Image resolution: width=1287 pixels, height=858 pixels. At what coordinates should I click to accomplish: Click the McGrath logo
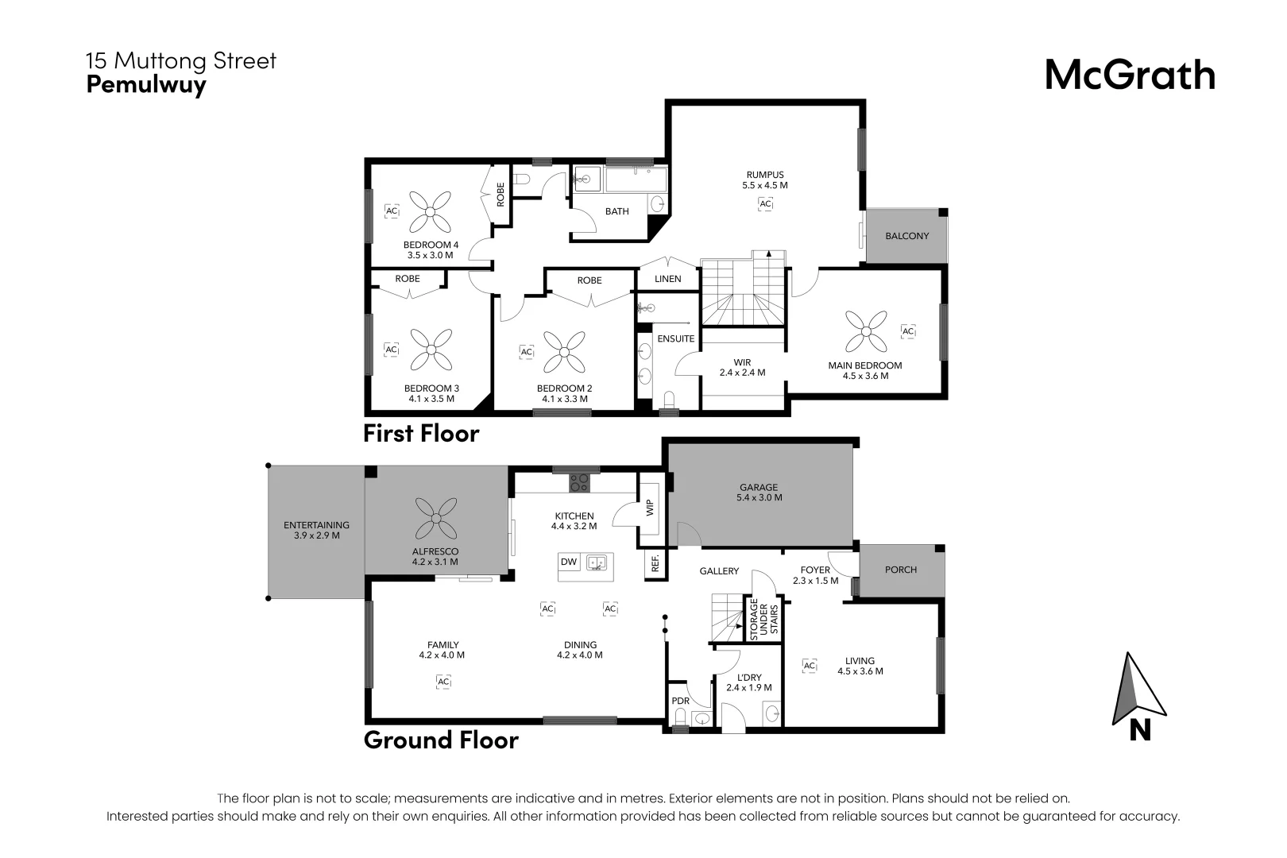[1129, 75]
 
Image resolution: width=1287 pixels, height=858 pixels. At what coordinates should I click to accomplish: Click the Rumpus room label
[764, 180]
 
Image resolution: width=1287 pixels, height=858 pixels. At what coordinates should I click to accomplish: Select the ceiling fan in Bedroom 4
[431, 211]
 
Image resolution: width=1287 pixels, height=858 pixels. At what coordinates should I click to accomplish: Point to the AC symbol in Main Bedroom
[907, 331]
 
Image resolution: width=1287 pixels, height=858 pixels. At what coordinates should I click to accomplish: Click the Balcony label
[906, 236]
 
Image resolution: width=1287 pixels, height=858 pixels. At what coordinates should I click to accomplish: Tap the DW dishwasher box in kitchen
[569, 562]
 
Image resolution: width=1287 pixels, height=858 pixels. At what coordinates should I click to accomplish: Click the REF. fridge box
[655, 564]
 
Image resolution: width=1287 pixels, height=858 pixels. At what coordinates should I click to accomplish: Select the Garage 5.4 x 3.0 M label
[759, 493]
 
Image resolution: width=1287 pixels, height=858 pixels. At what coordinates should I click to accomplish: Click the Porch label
[900, 570]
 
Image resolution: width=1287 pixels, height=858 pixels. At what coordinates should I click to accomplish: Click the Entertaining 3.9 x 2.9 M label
[316, 530]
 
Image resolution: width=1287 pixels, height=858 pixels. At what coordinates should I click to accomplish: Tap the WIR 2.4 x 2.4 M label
[742, 367]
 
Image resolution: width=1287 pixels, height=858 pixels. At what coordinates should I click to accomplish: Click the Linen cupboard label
[667, 279]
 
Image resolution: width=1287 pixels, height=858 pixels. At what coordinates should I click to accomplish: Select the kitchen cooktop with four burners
[579, 482]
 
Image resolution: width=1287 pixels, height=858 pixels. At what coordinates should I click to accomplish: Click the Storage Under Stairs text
[763, 620]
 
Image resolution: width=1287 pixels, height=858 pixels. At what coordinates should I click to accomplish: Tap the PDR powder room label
[680, 701]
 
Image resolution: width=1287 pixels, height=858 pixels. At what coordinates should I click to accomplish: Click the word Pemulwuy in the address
[146, 84]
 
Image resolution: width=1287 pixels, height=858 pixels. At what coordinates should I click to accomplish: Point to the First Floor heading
[421, 433]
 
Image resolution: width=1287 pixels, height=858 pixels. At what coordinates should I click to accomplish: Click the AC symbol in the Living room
[809, 666]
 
